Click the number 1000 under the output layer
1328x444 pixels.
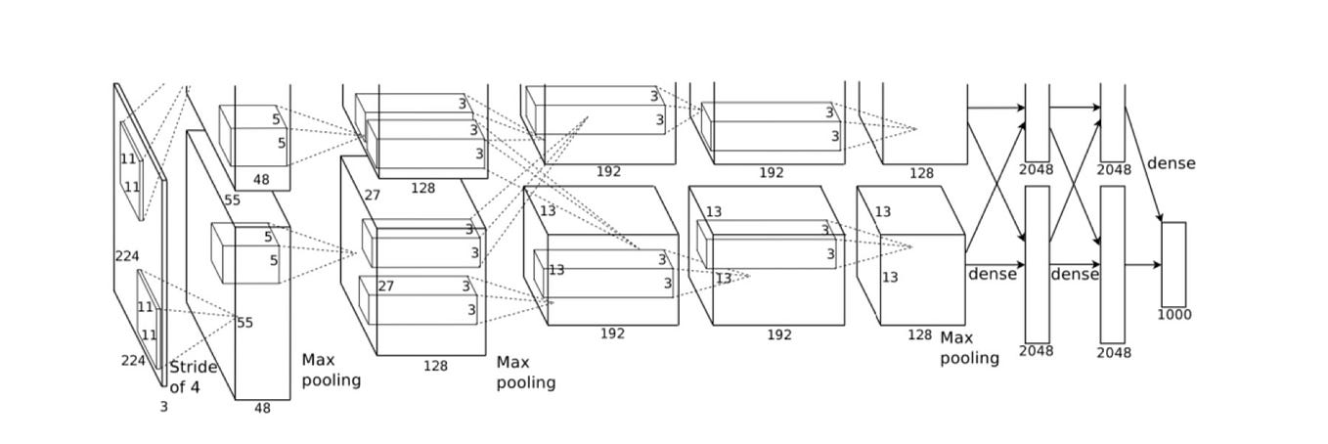click(1173, 315)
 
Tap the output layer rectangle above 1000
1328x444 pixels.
click(1173, 264)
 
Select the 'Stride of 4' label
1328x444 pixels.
click(193, 377)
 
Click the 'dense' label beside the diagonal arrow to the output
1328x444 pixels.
click(1171, 163)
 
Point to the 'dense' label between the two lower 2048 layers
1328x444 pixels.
click(1075, 275)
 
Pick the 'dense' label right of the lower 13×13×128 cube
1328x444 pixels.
click(992, 274)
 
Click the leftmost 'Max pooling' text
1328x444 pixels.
click(331, 370)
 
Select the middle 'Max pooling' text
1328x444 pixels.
click(525, 373)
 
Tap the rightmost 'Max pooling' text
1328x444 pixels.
click(969, 348)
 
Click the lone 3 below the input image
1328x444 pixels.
click(163, 407)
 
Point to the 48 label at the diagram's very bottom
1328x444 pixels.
click(262, 408)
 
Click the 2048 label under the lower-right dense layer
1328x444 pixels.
click(1113, 352)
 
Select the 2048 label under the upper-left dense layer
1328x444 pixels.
click(1036, 169)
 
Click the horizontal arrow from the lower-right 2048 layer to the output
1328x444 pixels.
click(1142, 265)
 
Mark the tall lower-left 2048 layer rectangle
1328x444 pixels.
click(1037, 264)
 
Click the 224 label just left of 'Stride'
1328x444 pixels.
click(133, 360)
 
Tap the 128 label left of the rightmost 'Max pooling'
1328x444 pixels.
click(919, 334)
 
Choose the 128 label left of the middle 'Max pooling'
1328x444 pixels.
click(435, 366)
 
